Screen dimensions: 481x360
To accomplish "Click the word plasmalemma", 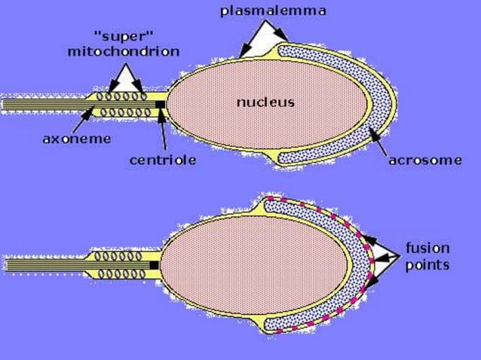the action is point(273,11).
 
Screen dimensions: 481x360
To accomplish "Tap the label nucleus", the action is point(265,102).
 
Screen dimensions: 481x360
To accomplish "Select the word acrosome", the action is point(425,160).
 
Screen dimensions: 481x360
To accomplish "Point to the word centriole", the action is point(163,160).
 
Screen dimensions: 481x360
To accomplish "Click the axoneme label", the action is point(77,139).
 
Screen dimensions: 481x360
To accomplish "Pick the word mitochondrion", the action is point(124,51).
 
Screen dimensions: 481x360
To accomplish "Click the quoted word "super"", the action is point(124,37).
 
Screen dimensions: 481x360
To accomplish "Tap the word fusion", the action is point(427,248).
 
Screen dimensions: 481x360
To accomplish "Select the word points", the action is point(427,265).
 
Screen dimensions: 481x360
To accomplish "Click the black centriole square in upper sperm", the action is point(160,105).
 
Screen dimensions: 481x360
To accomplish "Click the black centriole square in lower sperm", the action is point(154,265).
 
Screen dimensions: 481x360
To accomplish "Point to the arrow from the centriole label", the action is point(163,133).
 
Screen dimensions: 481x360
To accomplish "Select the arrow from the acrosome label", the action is point(378,142).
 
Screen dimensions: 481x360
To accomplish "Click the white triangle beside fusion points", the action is point(384,257).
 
